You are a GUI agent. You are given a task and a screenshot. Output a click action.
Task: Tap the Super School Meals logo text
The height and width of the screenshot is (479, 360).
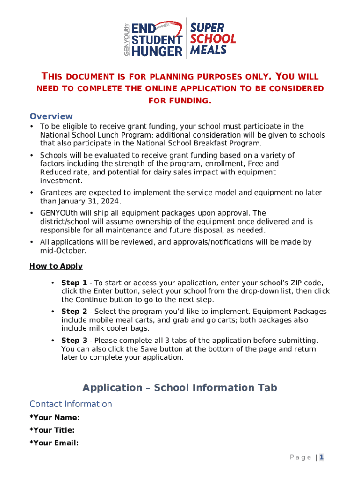(x=213, y=38)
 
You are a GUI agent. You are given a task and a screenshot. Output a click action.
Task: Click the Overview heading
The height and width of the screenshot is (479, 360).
(x=51, y=116)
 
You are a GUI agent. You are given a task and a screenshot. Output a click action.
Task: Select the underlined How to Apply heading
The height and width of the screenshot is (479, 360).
(x=56, y=266)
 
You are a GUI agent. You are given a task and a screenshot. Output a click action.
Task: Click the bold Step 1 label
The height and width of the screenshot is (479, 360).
(x=74, y=283)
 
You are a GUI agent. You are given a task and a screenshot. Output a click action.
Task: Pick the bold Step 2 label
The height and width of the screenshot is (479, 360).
(x=74, y=312)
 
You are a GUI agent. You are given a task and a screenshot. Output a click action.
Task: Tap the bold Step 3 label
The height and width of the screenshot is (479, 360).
(x=74, y=341)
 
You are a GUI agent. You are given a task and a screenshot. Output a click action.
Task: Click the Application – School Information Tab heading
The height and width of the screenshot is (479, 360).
(x=180, y=388)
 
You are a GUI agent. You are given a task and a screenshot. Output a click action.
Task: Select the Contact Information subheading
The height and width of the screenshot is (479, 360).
(x=71, y=404)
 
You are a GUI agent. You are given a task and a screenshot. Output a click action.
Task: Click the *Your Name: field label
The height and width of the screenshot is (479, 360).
(x=55, y=418)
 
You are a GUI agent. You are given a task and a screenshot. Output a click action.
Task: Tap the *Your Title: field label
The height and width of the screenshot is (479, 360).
(x=52, y=430)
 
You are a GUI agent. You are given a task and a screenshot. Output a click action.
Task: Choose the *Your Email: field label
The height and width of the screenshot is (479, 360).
(x=54, y=443)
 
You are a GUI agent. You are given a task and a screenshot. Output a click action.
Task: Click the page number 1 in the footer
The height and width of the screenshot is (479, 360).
(x=322, y=457)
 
